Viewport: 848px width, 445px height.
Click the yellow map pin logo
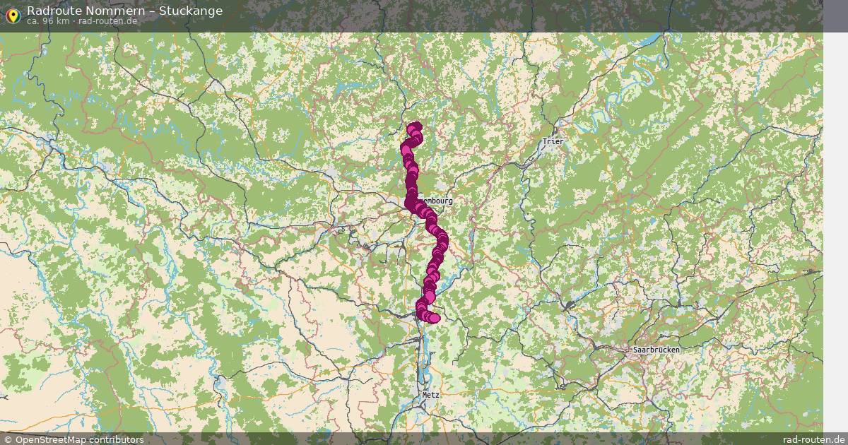coord(12,14)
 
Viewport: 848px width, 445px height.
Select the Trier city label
coord(553,141)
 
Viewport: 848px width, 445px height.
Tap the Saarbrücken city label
coord(656,350)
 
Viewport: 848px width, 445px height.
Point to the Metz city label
coord(430,395)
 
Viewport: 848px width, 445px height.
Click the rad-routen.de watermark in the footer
coord(813,439)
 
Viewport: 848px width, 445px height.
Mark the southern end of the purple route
coord(434,318)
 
